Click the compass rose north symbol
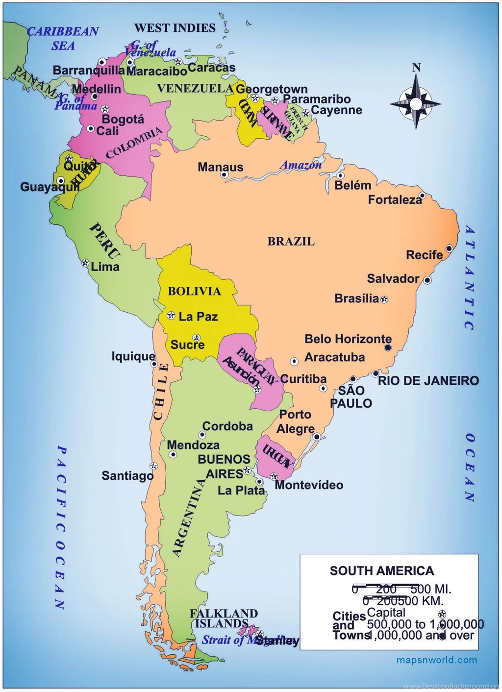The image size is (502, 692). (x=416, y=103)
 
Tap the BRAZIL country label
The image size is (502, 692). (x=291, y=242)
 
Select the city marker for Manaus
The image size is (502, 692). (x=224, y=174)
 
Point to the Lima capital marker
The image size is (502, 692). (x=85, y=263)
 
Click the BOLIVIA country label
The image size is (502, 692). (x=194, y=292)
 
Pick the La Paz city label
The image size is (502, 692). (x=198, y=317)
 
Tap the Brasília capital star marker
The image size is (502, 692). (x=384, y=299)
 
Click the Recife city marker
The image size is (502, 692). (x=449, y=248)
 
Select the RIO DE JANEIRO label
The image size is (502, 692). (x=428, y=381)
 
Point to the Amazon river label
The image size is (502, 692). (x=301, y=165)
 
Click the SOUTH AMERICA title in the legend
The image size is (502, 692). (x=381, y=571)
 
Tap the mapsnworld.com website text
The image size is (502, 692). (x=436, y=660)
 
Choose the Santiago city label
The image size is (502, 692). (x=127, y=476)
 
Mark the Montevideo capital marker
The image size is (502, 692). (x=274, y=476)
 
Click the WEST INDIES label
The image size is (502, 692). (x=175, y=28)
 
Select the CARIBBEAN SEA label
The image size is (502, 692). (x=63, y=38)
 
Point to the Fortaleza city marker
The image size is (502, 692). (x=422, y=196)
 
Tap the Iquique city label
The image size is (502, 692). (x=133, y=356)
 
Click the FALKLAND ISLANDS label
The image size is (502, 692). (x=223, y=618)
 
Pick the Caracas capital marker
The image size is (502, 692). (x=178, y=62)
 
